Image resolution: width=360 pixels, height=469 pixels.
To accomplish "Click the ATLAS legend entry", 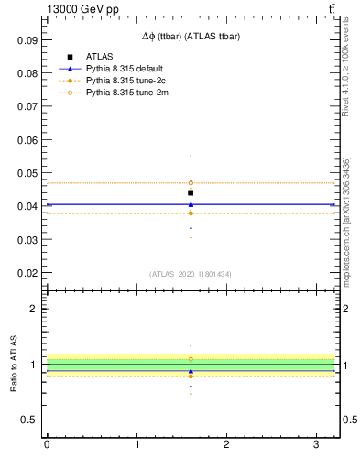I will (97, 57).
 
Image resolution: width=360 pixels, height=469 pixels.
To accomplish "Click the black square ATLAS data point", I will (191, 192).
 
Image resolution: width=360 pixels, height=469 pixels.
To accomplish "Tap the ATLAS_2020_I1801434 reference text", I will (191, 274).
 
